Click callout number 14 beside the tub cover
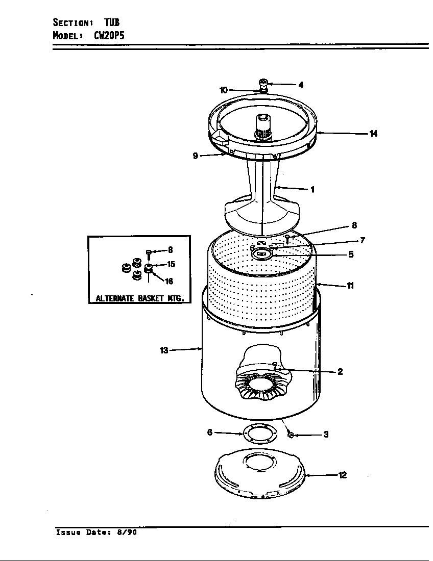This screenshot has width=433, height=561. click(x=373, y=134)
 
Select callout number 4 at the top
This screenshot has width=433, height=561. click(x=301, y=85)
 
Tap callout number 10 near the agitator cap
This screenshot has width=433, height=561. click(x=223, y=90)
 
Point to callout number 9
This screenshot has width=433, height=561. click(x=195, y=156)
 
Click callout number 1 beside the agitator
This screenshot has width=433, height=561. click(x=312, y=190)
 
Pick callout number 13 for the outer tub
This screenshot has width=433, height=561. click(x=164, y=350)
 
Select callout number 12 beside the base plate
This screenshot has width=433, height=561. click(x=343, y=475)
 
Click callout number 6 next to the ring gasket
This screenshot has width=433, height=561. click(x=209, y=432)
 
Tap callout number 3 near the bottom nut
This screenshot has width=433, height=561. click(x=326, y=435)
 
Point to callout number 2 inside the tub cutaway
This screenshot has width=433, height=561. click(x=340, y=372)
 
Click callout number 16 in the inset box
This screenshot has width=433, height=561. click(x=169, y=281)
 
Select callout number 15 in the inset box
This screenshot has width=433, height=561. click(x=171, y=264)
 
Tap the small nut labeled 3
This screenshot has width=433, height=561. click(x=290, y=435)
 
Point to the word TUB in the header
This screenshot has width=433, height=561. click(x=112, y=22)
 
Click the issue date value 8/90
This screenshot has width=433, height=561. click(x=128, y=532)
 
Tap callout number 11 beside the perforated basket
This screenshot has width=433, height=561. click(x=350, y=286)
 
